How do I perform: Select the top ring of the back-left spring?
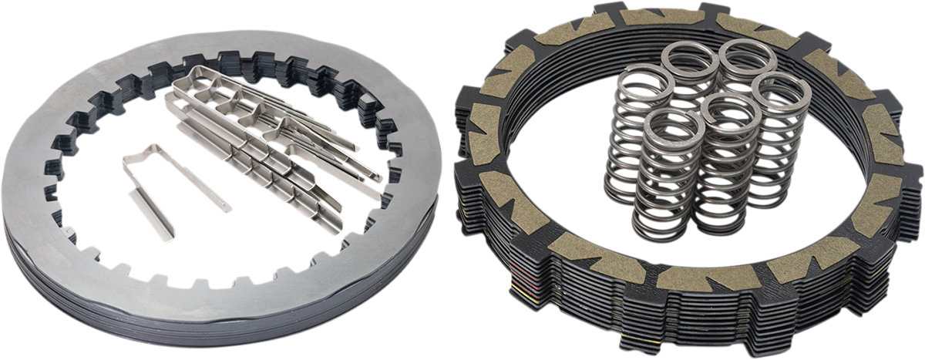690,56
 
